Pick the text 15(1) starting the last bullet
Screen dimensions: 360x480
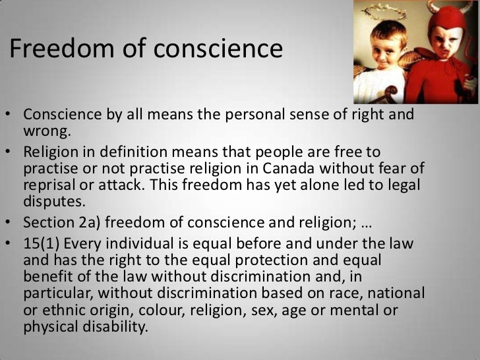click(40, 245)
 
